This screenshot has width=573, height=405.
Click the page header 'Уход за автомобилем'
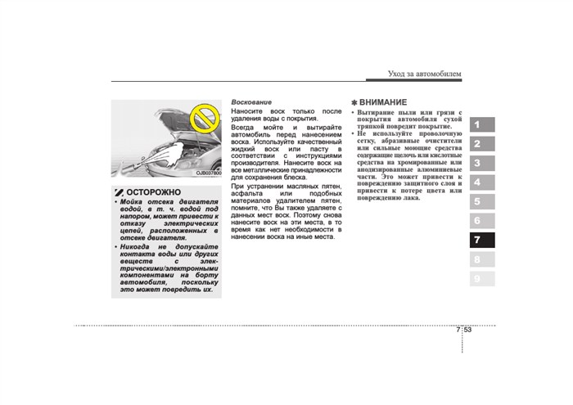tap(424, 74)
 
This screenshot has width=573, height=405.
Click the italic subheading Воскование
tap(250, 102)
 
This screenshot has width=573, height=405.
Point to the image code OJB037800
tap(208, 173)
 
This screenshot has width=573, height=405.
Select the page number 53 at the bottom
tap(467, 331)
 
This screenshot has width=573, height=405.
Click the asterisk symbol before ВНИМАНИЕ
tap(353, 102)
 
